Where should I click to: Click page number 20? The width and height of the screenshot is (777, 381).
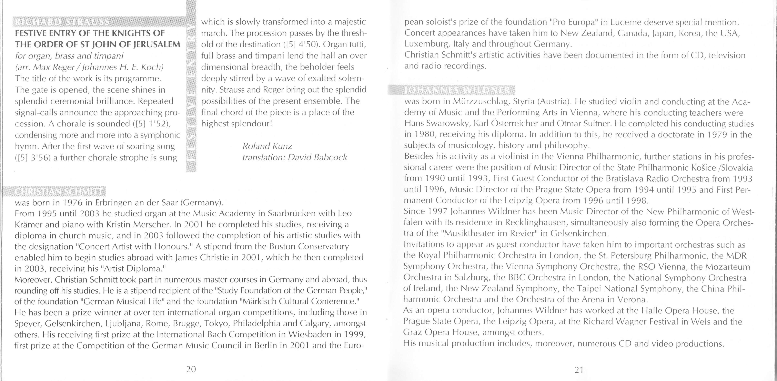191,369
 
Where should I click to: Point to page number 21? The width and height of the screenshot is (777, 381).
579,370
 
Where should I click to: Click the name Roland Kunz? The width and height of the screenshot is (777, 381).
267,146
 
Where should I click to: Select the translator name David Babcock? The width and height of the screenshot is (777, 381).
317,157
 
